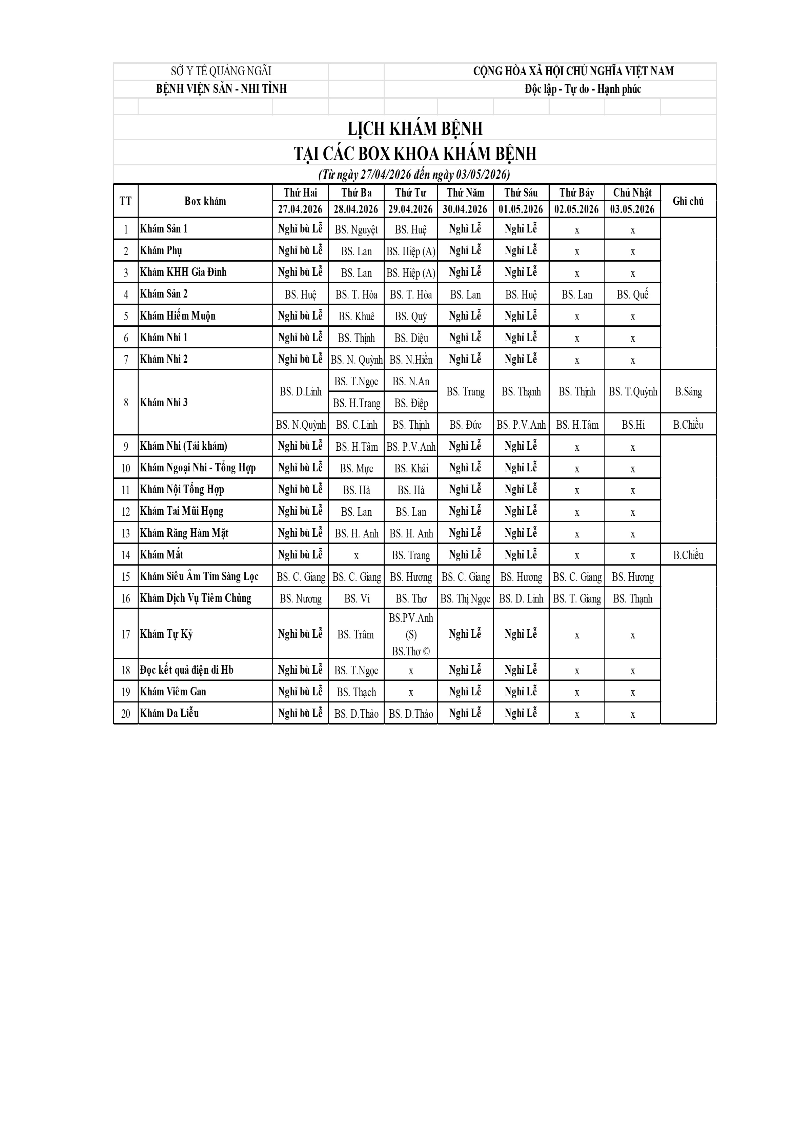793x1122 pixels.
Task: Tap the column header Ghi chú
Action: click(x=688, y=201)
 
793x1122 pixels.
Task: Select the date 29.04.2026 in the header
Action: click(x=410, y=209)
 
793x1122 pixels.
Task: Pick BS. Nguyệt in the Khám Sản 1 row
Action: click(x=356, y=229)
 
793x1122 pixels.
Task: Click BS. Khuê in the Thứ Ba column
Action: click(x=356, y=316)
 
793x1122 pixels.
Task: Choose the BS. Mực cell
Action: click(x=356, y=469)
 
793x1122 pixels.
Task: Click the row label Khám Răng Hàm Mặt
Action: click(x=184, y=533)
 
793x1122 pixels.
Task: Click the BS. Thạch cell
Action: click(x=356, y=692)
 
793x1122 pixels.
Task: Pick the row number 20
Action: click(x=126, y=713)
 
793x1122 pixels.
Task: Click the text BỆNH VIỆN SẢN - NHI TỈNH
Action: click(x=221, y=89)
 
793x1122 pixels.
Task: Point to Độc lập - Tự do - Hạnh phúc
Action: click(x=583, y=89)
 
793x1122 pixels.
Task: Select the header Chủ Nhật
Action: click(x=632, y=192)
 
